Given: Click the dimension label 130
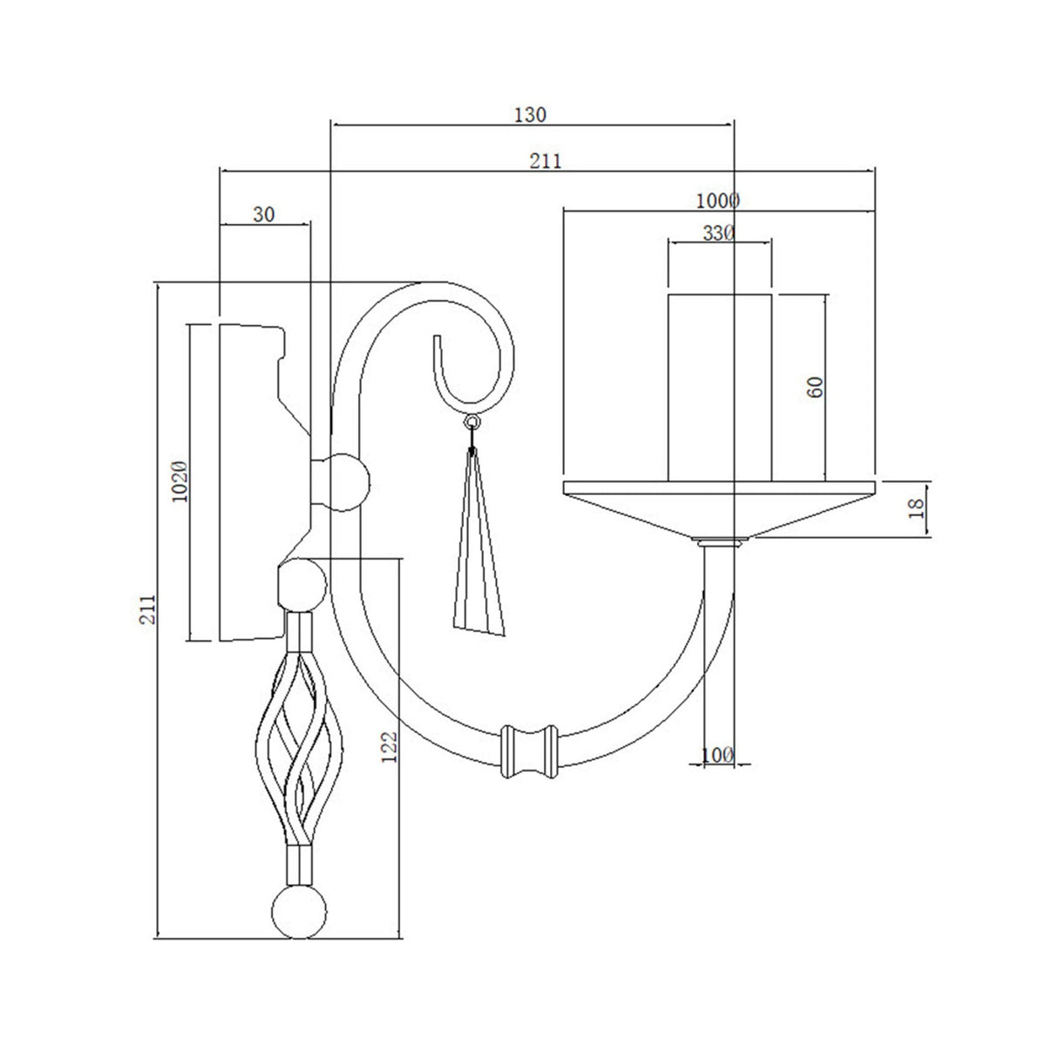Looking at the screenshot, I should pos(530,113).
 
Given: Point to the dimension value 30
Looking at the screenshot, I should pos(265,214).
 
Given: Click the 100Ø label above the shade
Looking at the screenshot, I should pos(718,200).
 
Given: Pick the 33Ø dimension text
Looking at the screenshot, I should pos(719,233).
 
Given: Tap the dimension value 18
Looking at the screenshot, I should pos(915,509).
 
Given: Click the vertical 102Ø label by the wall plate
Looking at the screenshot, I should pos(180,479).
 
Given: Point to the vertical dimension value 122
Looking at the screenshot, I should pos(390,747).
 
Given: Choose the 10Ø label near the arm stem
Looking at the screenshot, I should pos(717,755).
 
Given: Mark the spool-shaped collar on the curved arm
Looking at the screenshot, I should pos(528,749).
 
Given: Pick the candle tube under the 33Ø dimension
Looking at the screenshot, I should pos(720,387).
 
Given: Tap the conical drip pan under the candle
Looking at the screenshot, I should pos(719,510).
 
